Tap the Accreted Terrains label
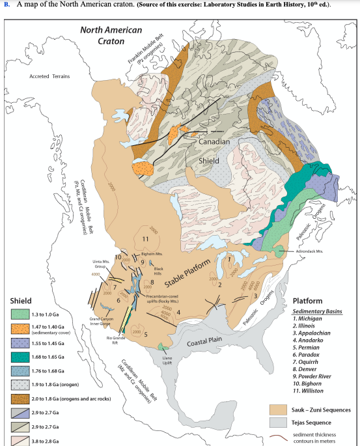(48, 76)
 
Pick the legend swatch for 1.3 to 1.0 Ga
(19, 315)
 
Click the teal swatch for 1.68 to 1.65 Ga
(19, 357)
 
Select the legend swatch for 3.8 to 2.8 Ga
(19, 441)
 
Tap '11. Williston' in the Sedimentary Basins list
(314, 391)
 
